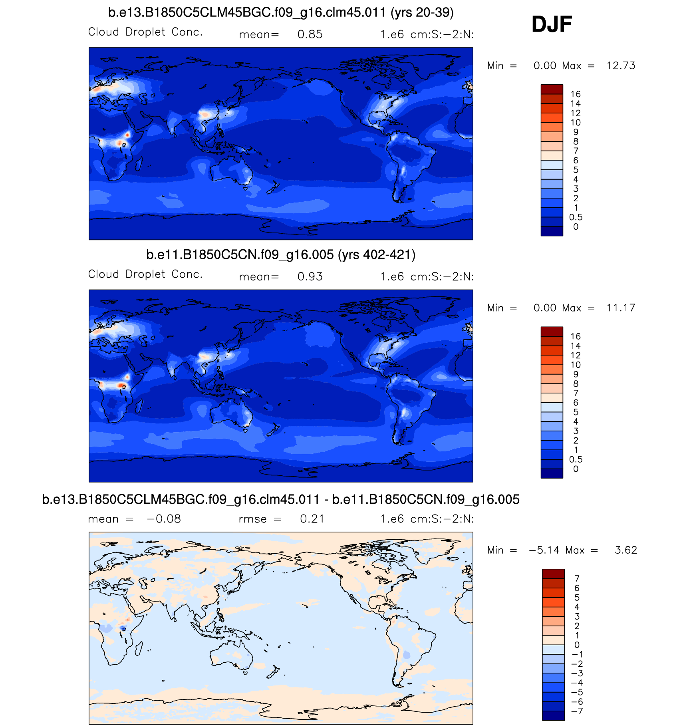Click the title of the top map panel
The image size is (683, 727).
(281, 13)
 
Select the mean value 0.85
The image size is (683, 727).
(310, 35)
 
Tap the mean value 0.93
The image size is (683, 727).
(310, 277)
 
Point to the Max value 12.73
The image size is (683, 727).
(621, 66)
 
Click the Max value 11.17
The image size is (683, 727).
(621, 308)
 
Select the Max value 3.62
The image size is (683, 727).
(626, 550)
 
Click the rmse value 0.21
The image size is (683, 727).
(312, 519)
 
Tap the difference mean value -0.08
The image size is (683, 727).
(164, 519)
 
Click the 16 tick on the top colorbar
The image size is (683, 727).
(576, 94)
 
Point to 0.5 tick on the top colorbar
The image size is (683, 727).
(576, 217)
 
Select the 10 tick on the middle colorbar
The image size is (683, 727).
(576, 365)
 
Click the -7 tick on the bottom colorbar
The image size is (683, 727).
(577, 711)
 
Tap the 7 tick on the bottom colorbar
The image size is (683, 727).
(577, 578)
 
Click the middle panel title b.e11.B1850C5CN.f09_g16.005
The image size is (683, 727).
(281, 255)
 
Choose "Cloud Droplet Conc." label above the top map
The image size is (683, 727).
(145, 32)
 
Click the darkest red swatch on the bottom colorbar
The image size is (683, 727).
(553, 574)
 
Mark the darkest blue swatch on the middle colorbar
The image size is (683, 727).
(552, 473)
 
